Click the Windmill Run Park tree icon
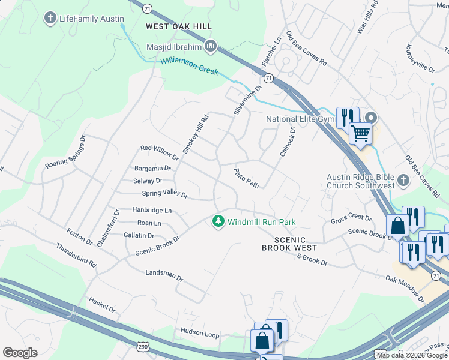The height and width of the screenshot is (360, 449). (219, 222)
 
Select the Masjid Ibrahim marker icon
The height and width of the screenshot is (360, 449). (211, 46)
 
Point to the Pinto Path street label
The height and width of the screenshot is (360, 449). (246, 178)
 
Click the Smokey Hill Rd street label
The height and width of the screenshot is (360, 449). (195, 134)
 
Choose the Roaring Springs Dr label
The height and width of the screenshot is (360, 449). (66, 155)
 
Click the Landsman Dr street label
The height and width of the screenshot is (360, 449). (164, 275)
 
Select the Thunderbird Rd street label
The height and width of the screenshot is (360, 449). (76, 255)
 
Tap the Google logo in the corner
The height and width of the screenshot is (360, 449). (20, 353)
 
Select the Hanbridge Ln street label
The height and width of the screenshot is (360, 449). (152, 211)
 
